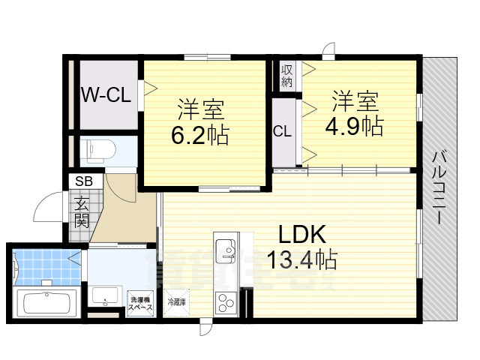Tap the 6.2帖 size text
point(200,136)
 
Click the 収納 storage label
point(286,75)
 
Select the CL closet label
point(282,132)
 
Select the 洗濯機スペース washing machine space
point(140,302)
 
